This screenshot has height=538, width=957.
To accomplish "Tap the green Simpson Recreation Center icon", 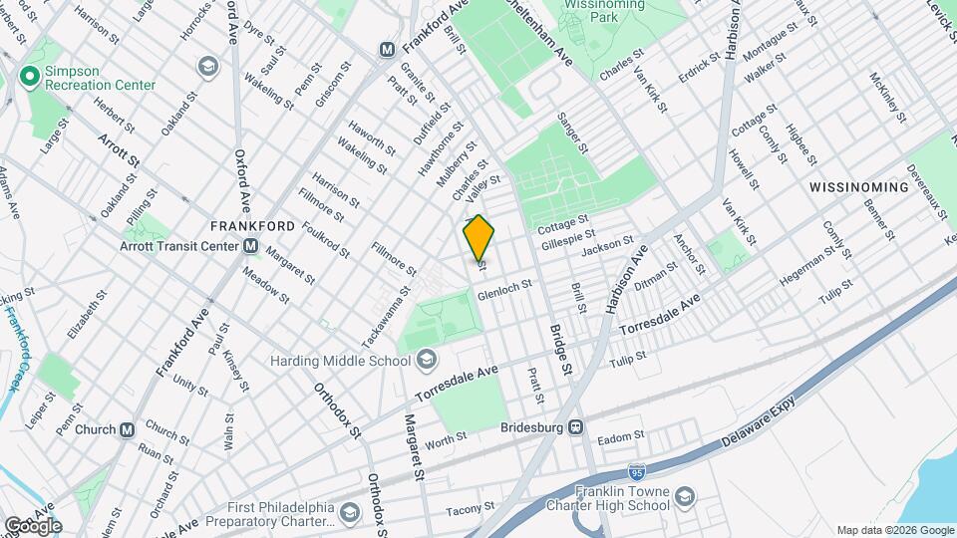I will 30,76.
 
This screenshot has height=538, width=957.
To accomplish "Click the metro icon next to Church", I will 127,429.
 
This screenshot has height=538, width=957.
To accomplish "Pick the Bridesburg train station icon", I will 575,426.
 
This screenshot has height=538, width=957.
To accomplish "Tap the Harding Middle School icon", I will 426,359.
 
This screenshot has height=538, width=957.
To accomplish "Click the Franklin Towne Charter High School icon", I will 685,496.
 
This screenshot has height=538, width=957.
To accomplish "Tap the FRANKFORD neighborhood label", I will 252,226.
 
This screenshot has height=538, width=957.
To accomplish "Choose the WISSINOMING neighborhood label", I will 858,186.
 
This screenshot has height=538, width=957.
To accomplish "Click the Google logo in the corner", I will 34,525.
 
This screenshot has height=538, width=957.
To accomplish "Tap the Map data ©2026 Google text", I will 894,530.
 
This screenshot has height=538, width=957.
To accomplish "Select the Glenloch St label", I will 504,289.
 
